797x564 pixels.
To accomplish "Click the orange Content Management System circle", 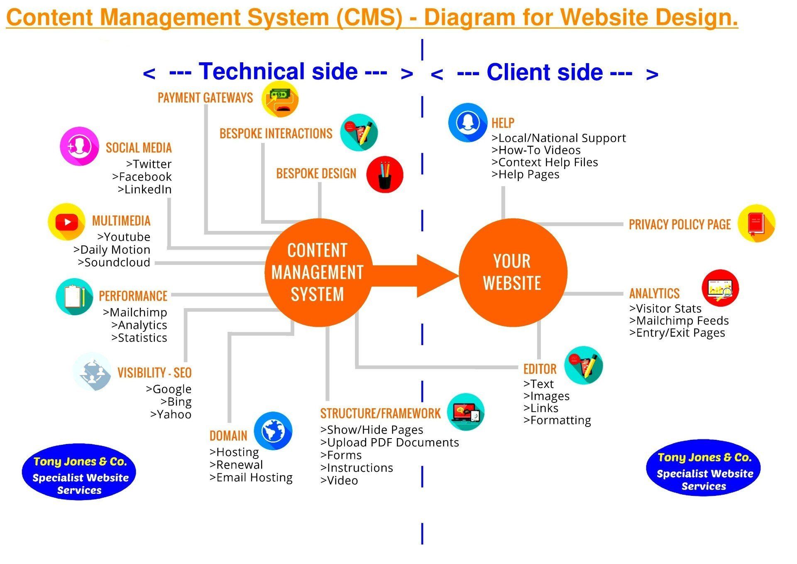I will tap(318, 272).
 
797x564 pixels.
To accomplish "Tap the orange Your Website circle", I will tap(513, 272).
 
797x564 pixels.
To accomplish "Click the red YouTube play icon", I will tap(67, 222).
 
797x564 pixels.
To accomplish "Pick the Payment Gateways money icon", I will tap(280, 99).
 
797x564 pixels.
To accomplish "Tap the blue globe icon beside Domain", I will tap(273, 431).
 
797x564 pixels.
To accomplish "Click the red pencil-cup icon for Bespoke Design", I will tap(385, 174).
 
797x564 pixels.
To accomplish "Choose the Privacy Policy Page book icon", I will tap(756, 223).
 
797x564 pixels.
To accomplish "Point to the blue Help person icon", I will tap(467, 123).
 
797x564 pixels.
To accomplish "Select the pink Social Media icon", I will tap(79, 146).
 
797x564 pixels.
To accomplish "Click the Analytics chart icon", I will tap(720, 288).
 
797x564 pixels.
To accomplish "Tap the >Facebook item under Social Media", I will tap(142, 177).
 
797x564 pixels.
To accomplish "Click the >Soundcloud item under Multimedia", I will tap(114, 262).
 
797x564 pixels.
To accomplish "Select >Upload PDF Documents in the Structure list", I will tap(390, 442).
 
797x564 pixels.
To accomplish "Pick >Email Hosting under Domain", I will tap(251, 478).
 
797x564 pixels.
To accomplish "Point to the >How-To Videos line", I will tap(536, 150).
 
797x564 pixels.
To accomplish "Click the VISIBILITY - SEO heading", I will tap(154, 373).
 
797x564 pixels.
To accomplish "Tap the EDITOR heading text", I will tap(540, 369).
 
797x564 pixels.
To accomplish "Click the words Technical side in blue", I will tap(278, 71).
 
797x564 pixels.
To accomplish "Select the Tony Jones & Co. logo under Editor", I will tap(704, 468).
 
